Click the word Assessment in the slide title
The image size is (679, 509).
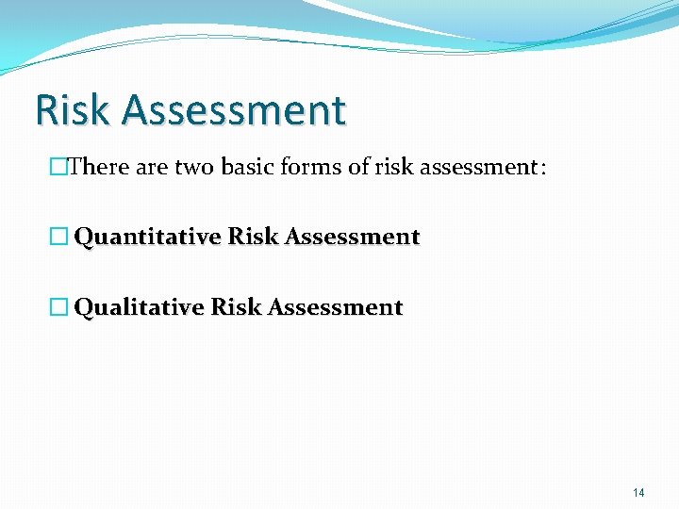[234, 110]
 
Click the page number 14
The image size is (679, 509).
[638, 492]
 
